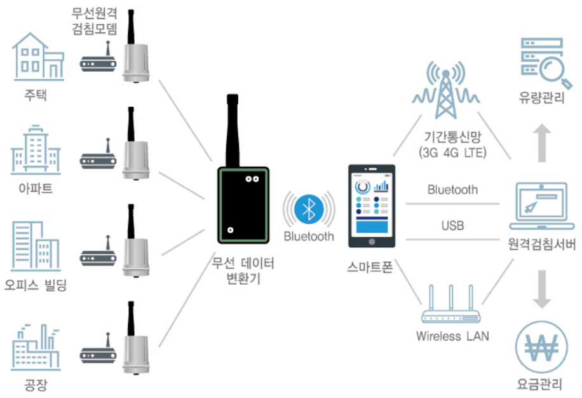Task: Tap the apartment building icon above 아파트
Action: coord(36,151)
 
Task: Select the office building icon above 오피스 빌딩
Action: coord(36,246)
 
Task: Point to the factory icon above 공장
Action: coord(36,347)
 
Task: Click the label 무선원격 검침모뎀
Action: coord(95,21)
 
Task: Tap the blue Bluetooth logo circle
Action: coord(309,209)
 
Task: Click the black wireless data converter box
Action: coord(243,205)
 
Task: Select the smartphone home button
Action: coord(372,242)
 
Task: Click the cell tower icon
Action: coord(446,90)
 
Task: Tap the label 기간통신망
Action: coord(453,137)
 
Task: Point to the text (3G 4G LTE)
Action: coord(452,153)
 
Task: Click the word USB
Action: coord(453,225)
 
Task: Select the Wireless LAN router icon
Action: coord(451,304)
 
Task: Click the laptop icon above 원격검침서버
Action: coord(541,207)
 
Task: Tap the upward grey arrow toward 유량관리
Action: coord(542,143)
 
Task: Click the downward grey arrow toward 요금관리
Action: coord(542,289)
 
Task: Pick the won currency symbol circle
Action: coord(541,347)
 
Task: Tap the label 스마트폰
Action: coord(370,267)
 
